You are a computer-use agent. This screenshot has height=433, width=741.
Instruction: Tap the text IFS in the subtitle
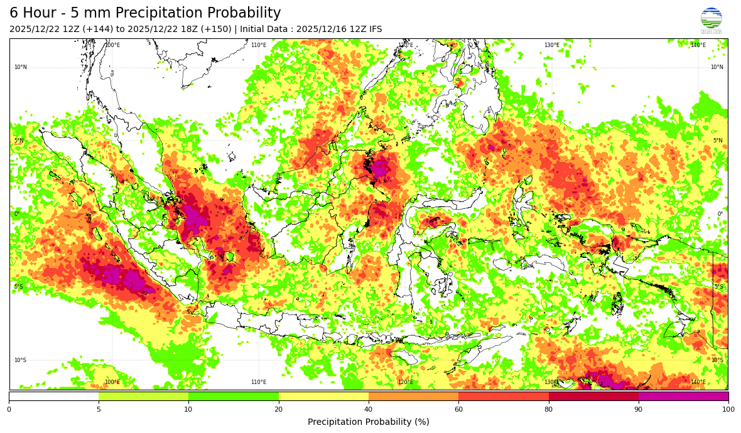click(374, 29)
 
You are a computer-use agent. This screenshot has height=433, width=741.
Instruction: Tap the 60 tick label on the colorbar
click(458, 410)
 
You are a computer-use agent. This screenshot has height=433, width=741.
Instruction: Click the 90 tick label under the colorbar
click(639, 410)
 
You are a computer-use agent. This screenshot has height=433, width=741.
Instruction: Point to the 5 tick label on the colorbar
click(99, 410)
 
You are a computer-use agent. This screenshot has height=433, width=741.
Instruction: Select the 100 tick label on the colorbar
click(728, 410)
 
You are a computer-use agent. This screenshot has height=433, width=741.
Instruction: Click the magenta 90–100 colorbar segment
click(683, 396)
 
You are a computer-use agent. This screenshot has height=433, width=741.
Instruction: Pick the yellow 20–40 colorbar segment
click(323, 396)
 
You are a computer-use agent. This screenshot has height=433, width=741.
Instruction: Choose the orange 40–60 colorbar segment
click(413, 396)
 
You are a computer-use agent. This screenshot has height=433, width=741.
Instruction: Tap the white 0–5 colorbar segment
click(54, 396)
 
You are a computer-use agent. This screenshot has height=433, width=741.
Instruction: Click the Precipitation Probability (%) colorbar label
click(369, 422)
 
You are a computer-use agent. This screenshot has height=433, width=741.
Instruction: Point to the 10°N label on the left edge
click(21, 67)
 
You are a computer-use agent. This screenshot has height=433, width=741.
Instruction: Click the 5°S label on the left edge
click(19, 287)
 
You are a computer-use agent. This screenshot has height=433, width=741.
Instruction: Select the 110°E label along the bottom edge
click(259, 382)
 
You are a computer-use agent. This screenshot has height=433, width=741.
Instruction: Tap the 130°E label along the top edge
click(551, 45)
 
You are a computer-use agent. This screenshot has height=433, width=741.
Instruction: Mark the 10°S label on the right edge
click(717, 360)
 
